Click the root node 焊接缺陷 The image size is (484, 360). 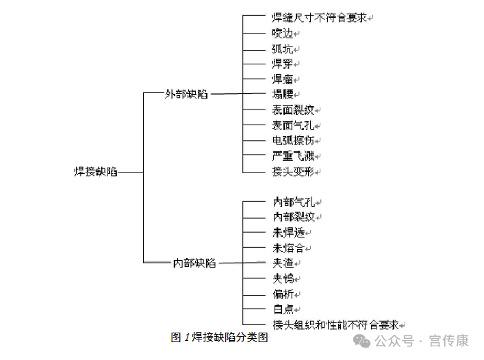(96, 172)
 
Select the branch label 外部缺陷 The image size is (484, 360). (186, 94)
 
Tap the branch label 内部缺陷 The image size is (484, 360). (194, 263)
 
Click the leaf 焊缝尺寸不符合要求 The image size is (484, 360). (319, 18)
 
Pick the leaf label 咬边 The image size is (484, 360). (282, 34)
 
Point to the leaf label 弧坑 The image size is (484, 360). (282, 49)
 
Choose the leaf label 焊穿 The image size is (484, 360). (282, 64)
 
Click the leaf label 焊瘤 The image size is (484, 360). (282, 79)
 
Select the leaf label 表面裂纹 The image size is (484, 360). (293, 110)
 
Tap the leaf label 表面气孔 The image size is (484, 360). (293, 125)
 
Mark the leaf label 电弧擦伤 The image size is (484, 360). (293, 140)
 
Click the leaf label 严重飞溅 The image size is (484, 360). (293, 156)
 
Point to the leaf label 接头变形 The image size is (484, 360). (293, 171)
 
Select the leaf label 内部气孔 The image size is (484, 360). (294, 202)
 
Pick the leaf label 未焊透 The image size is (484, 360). (289, 233)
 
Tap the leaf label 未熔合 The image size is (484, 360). (289, 248)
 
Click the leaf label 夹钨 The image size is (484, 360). (283, 279)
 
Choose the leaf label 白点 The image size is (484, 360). (283, 309)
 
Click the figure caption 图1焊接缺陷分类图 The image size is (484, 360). (219, 337)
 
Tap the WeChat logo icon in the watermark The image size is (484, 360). (361, 341)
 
